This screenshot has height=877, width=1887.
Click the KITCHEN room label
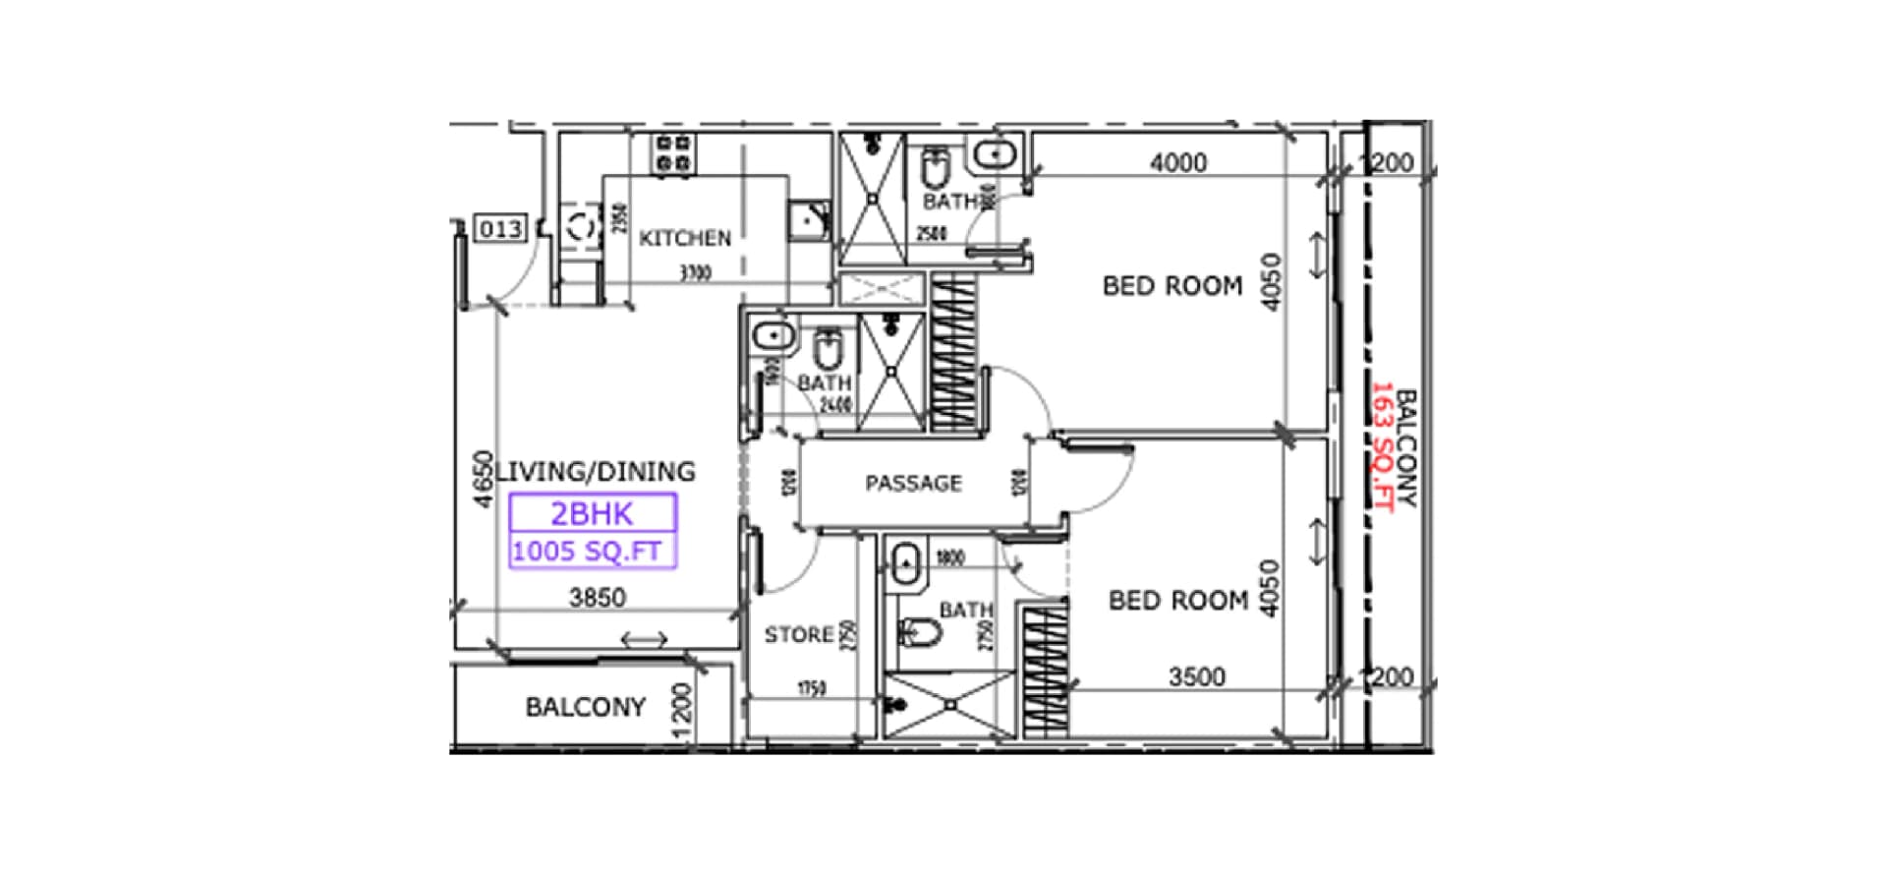coord(685,238)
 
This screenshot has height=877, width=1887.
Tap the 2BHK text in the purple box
coord(592,514)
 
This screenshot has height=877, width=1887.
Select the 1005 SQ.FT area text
coord(587,552)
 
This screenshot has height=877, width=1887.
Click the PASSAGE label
coord(913,483)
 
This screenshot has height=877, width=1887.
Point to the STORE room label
coord(798,635)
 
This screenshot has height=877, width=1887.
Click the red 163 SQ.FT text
coord(1383,446)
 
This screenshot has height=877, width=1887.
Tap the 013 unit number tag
coord(500,229)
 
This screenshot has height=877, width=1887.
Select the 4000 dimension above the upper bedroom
coord(1177,162)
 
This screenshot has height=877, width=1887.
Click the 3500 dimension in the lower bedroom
coord(1196,676)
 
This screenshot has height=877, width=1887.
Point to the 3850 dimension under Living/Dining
coord(598,597)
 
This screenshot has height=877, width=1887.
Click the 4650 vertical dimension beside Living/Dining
coord(483,479)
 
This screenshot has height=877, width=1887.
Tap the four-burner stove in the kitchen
coord(674,154)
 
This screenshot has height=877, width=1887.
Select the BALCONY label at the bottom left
coord(585,707)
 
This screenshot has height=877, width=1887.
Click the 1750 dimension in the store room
coord(811,689)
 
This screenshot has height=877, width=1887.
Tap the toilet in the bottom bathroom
coord(920,631)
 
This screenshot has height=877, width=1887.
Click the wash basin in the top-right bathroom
coord(995,155)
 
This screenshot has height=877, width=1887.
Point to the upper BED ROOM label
coord(1172,286)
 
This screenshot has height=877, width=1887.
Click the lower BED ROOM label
coord(1177,600)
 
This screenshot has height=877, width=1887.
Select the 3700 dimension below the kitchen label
coord(695,272)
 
